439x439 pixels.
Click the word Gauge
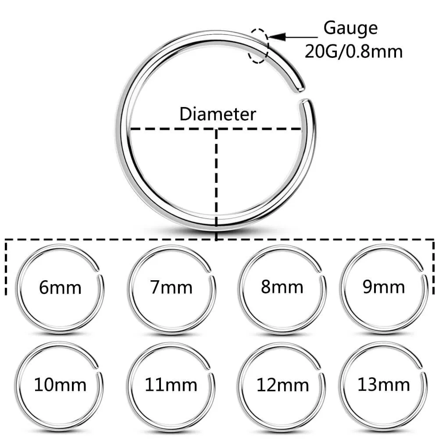(x=350, y=29)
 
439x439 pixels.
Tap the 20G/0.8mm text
(x=353, y=52)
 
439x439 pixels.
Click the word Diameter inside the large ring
(x=218, y=114)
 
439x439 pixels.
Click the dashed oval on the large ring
(x=258, y=46)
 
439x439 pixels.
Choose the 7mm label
(x=171, y=288)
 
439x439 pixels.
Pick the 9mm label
(x=383, y=287)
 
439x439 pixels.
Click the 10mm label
(x=61, y=385)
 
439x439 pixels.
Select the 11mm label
(x=171, y=385)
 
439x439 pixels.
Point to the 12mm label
(x=283, y=385)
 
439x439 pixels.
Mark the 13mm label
(x=384, y=385)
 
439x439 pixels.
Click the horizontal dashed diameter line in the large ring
(x=175, y=129)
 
